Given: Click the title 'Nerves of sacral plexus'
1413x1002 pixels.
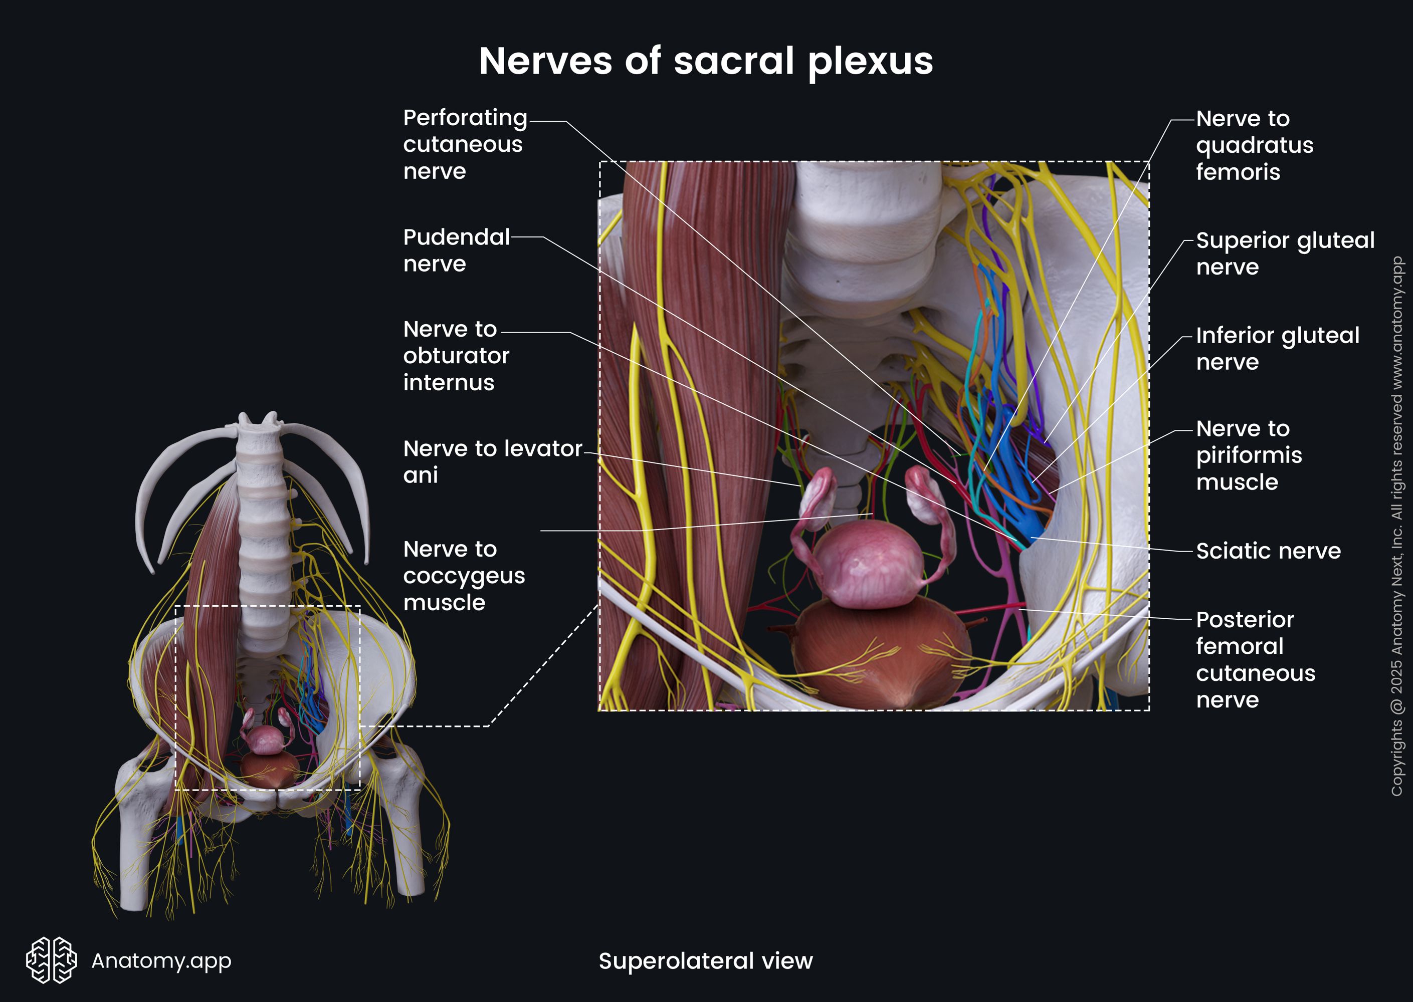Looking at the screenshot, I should [x=706, y=61].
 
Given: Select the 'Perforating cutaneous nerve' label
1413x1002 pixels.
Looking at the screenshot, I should [x=465, y=144].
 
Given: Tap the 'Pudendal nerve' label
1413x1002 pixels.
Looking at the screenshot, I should [x=456, y=250].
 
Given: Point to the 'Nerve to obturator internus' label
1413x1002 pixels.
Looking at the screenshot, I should [x=456, y=356].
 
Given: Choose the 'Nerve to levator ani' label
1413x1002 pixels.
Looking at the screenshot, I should [x=492, y=461].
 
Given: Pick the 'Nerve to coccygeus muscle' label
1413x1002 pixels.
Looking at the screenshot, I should [x=464, y=576].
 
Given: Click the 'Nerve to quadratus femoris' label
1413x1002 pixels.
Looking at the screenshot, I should [x=1254, y=145].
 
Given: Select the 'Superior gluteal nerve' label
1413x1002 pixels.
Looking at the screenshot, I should [x=1285, y=253].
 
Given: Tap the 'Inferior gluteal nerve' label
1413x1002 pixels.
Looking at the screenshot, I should [x=1277, y=349].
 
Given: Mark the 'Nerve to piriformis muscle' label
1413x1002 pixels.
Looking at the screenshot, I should [x=1249, y=455].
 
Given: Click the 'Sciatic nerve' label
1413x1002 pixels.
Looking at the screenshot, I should [x=1268, y=551].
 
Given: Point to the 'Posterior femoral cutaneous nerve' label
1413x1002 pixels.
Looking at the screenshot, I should [x=1255, y=660].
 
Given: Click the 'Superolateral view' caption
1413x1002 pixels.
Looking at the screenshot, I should [x=706, y=960].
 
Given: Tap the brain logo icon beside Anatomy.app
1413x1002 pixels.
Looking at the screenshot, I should [x=51, y=960].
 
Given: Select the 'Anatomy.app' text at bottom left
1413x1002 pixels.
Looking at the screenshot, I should [x=161, y=960].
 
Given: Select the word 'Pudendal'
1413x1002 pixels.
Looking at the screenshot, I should [x=456, y=237].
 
